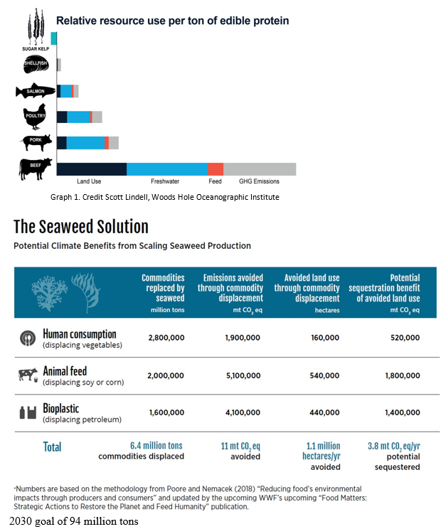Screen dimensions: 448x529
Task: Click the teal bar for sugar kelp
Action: (53, 38)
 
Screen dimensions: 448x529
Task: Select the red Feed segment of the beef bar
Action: (215, 169)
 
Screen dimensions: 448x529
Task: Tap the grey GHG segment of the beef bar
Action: (260, 169)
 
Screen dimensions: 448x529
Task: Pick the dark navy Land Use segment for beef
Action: (92, 169)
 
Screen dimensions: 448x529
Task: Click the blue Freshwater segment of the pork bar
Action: (85, 143)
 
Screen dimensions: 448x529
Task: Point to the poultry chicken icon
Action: (34, 117)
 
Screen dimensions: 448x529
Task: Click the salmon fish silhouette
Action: (36, 91)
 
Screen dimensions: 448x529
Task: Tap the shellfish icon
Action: (36, 64)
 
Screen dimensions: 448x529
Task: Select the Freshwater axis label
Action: (165, 181)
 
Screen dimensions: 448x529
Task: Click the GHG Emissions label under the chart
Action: (259, 181)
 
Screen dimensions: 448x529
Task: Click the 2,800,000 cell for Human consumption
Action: (166, 337)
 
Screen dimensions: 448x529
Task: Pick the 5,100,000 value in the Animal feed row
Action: (243, 375)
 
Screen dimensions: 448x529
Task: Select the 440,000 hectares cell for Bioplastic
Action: (324, 412)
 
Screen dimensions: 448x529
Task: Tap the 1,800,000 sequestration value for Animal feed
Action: (402, 375)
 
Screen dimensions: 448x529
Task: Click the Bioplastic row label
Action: (60, 409)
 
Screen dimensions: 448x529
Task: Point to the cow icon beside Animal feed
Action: (28, 375)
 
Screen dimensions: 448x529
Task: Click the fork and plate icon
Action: (28, 338)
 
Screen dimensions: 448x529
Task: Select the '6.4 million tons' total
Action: (156, 446)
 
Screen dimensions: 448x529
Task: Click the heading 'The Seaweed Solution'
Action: (81, 226)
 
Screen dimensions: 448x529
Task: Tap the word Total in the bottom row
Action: (53, 447)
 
